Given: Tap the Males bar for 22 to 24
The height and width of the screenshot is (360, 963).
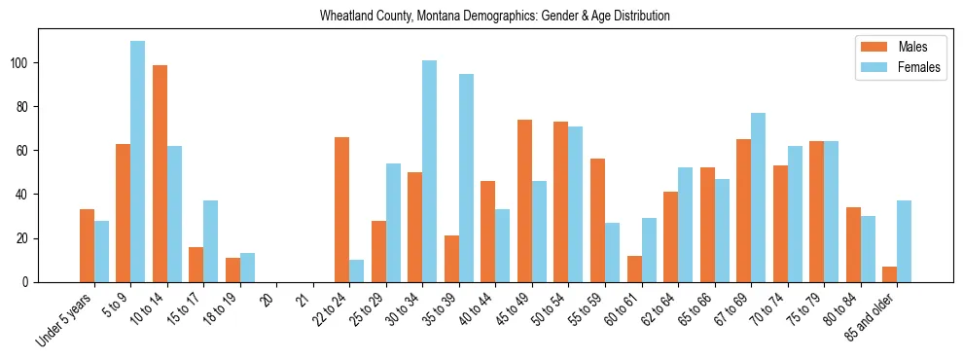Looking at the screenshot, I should [x=342, y=209].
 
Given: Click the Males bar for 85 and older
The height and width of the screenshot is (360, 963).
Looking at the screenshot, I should [x=889, y=274].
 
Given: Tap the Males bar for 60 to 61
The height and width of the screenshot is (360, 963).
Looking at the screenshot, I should [x=634, y=269].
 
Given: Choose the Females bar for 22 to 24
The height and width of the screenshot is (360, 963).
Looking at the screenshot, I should [x=357, y=270].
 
